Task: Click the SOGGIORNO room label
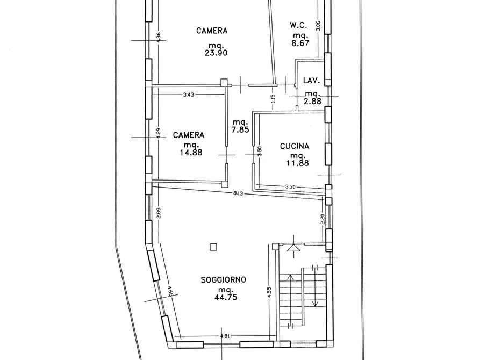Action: (224, 279)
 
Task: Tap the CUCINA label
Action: (294, 146)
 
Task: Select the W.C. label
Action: (299, 25)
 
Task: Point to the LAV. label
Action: (312, 81)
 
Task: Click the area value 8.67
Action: (300, 44)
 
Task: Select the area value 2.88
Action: (312, 101)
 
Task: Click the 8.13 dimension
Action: (239, 193)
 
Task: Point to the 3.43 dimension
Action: (188, 95)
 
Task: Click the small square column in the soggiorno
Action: (213, 247)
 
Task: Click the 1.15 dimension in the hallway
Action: (273, 99)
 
